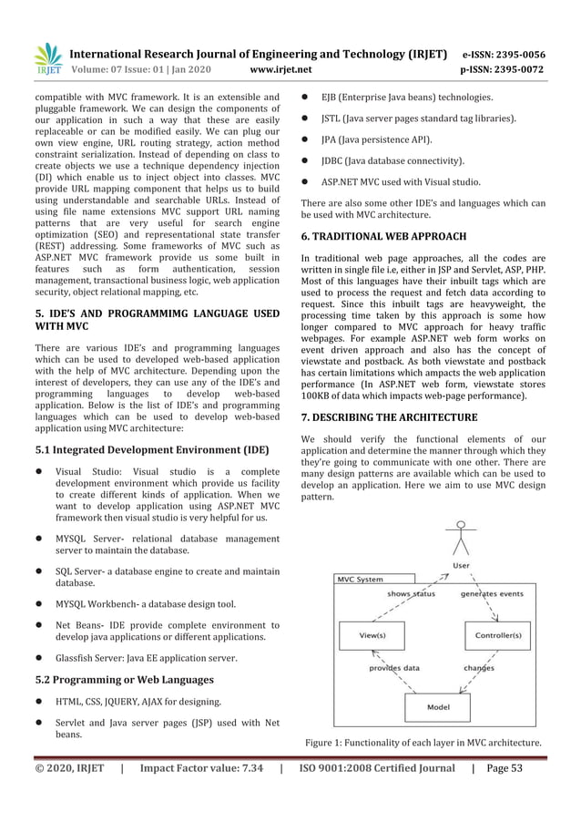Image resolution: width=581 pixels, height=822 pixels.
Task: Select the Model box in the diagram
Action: click(434, 705)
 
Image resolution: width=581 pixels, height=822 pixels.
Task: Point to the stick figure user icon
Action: click(464, 542)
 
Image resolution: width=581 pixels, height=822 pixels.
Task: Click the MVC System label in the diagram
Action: click(360, 579)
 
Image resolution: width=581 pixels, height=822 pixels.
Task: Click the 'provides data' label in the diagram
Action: click(394, 667)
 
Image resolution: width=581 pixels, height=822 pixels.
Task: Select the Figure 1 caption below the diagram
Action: click(423, 743)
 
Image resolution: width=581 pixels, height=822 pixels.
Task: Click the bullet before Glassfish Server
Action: click(40, 657)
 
